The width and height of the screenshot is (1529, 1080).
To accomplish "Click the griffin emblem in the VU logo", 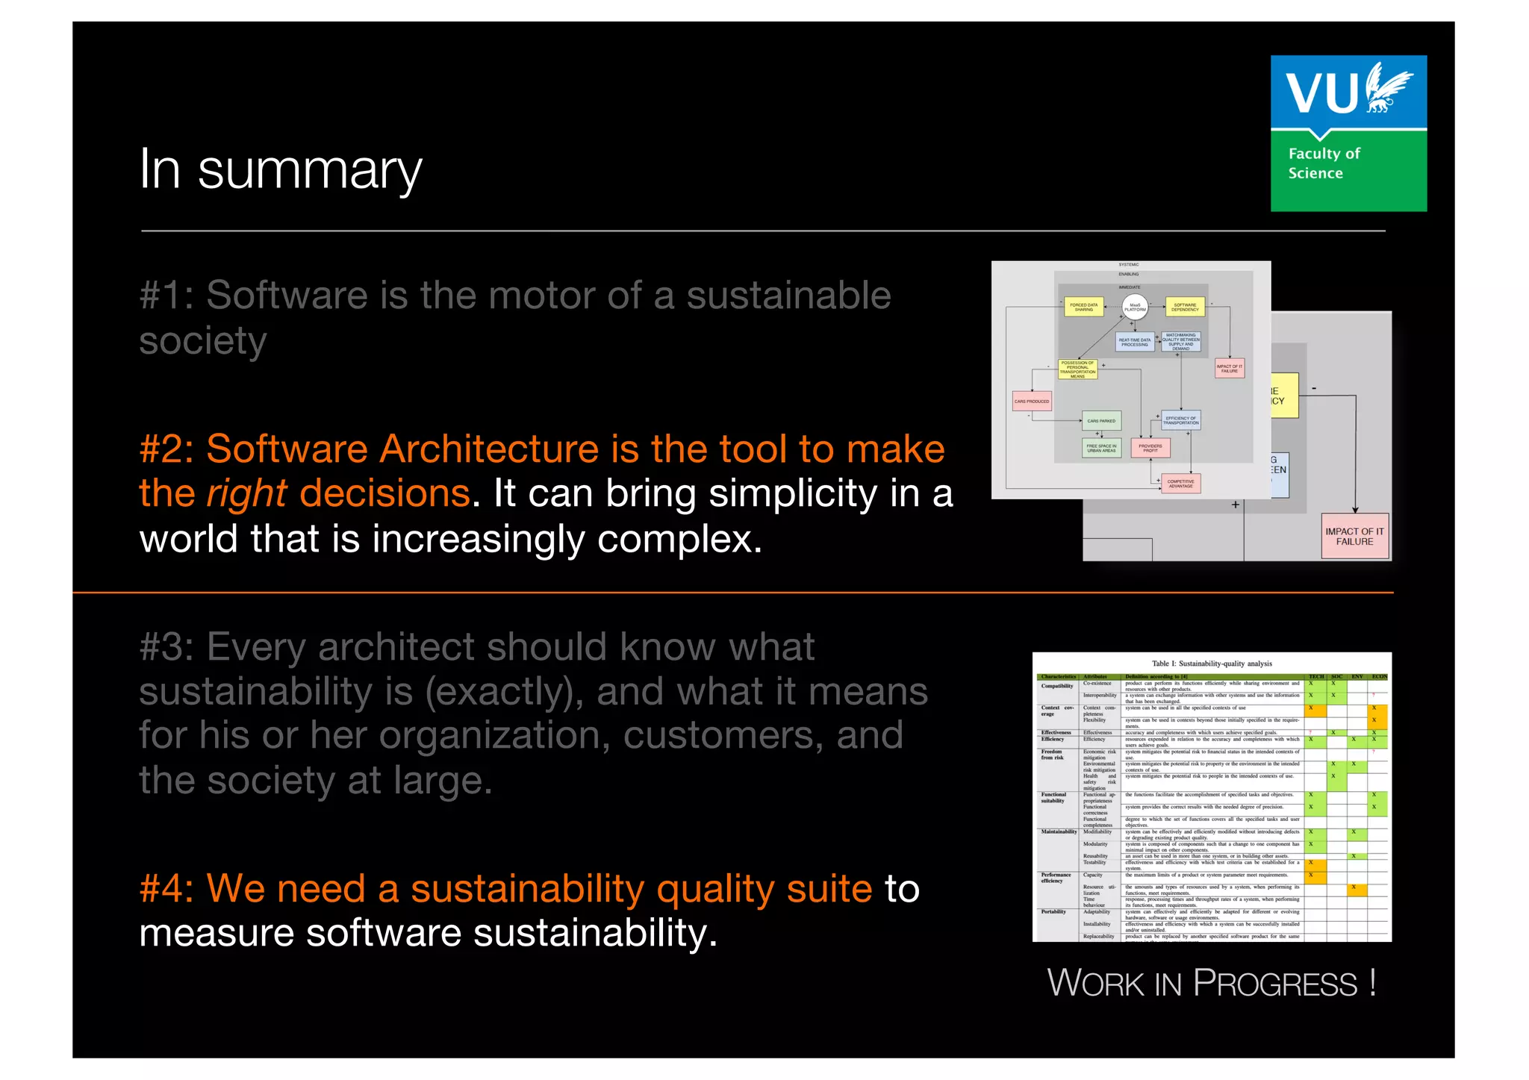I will click(x=1386, y=88).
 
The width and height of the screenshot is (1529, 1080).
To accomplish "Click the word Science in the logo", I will click(x=1315, y=173).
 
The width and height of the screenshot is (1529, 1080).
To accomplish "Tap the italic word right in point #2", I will click(x=246, y=494).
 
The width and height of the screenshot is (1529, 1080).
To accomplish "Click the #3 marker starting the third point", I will click(x=166, y=647).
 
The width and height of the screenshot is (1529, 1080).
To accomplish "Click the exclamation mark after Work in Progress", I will click(x=1372, y=981).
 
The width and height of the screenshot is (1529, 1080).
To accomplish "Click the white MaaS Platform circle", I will click(x=1135, y=306).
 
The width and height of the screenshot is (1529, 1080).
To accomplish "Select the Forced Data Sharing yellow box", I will click(x=1083, y=307).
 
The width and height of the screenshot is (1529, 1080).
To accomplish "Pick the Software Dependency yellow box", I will click(x=1185, y=307).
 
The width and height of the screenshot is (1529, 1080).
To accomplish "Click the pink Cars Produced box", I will click(x=1032, y=402).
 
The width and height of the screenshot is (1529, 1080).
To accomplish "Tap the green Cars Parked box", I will click(x=1101, y=421).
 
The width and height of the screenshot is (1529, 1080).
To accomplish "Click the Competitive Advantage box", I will click(x=1180, y=484).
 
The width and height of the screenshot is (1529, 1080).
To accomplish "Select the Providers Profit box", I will click(x=1150, y=448).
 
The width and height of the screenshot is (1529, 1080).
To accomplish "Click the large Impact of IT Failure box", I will click(x=1354, y=536).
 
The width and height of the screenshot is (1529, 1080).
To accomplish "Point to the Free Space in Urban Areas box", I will click(x=1101, y=448).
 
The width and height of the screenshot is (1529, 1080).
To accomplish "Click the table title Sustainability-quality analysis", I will click(x=1211, y=663).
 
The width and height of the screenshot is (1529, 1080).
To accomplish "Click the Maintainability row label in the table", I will click(x=1059, y=831).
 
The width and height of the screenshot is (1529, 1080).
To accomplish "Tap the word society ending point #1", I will click(x=202, y=342).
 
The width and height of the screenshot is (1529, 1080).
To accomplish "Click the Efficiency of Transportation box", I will click(x=1180, y=420).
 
